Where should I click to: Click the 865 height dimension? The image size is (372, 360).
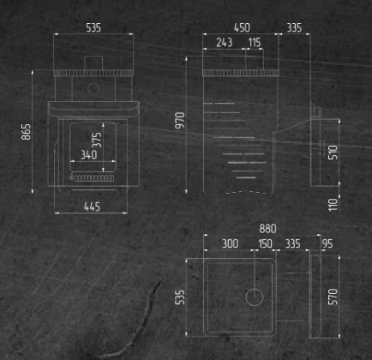pos(26,132)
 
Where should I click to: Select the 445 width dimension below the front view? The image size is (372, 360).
pos(92,207)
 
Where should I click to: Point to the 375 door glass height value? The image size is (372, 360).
pos(98,140)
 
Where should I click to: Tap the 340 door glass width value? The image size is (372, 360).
pos(89,155)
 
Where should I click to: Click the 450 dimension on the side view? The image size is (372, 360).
pos(242,27)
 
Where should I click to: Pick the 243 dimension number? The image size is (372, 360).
pos(225,43)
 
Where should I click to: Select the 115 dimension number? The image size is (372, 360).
pos(255,43)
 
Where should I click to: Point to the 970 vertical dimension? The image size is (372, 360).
pos(180,120)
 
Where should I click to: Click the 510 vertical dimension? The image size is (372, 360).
pos(333,153)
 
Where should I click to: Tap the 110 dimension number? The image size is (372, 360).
pos(333,205)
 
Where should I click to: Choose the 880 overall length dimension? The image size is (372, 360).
pos(267,229)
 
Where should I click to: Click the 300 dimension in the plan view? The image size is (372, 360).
pos(231,243)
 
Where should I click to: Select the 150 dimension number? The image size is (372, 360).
pos(265,243)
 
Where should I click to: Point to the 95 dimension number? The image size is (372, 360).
pos(327,243)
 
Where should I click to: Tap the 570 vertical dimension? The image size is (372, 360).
pos(333,297)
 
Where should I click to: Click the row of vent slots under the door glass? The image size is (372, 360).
pos(94,178)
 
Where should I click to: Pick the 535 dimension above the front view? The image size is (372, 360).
pos(93,27)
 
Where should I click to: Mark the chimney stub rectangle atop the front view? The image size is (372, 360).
pos(93,63)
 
